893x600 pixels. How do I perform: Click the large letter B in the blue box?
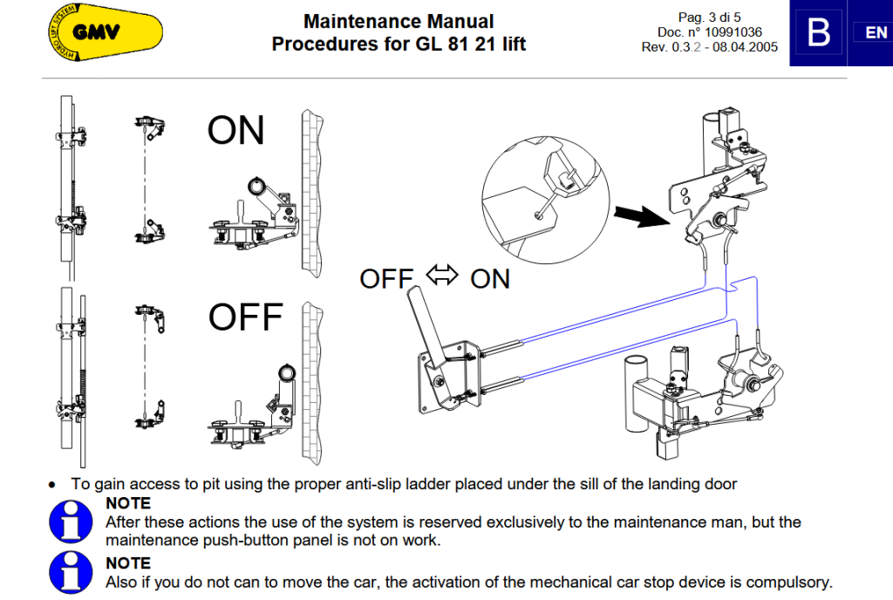tap(818, 33)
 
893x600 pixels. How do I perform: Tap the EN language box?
tap(875, 33)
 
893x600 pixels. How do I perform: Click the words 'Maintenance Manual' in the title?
tap(399, 22)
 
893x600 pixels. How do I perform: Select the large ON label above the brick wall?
tap(235, 131)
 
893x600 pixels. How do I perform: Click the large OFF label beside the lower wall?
tap(245, 317)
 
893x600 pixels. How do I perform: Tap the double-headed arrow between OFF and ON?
tap(442, 276)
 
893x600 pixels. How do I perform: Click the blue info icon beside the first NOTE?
tap(71, 522)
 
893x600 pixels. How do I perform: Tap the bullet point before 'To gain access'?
tap(53, 485)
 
